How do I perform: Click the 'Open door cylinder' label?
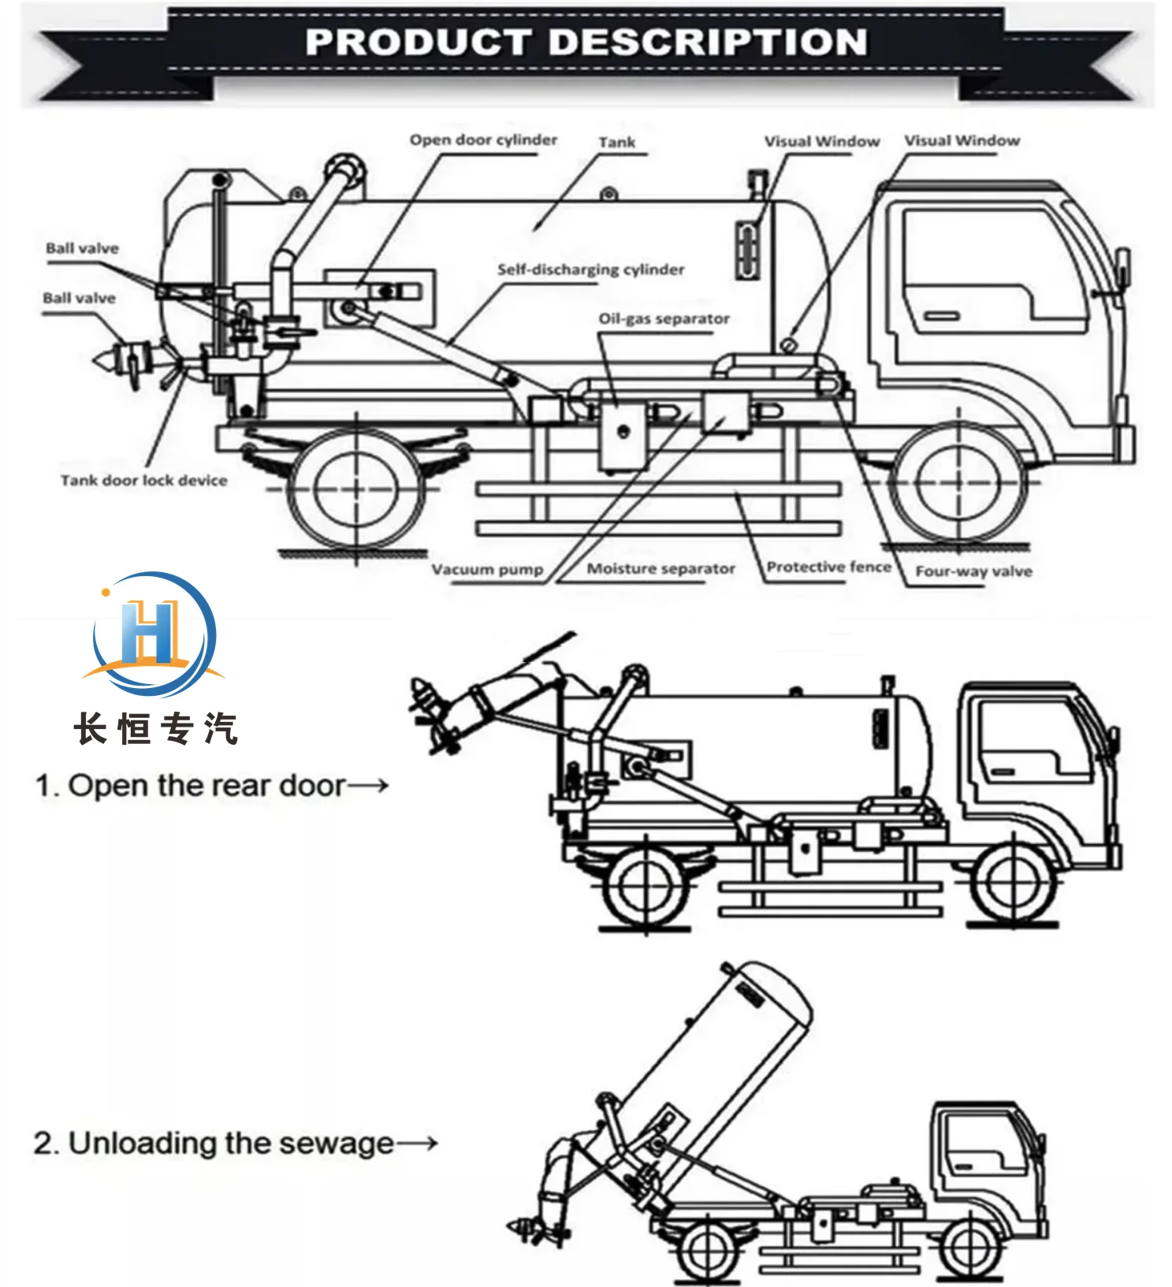483,140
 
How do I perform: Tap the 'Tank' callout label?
616,143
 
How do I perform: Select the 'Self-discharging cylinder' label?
590,270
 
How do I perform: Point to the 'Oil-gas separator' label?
664,319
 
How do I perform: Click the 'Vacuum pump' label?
487,569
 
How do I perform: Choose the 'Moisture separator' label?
660,568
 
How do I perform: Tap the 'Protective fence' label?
828,567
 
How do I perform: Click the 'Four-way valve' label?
973,571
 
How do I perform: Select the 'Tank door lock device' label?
143,480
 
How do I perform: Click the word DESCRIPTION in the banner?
707,42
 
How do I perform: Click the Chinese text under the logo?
155,728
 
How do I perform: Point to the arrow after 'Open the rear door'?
368,785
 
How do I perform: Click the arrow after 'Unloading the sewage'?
417,1143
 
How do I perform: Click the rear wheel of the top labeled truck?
357,488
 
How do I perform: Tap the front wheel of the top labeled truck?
958,482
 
